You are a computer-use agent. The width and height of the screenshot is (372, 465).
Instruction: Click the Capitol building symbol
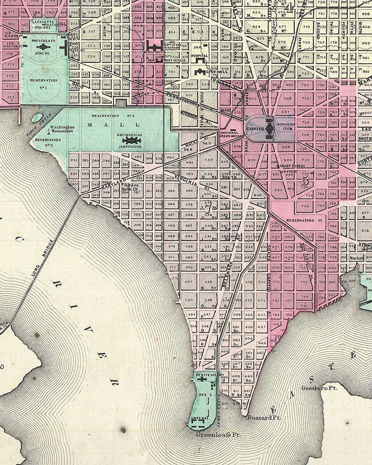(268, 126)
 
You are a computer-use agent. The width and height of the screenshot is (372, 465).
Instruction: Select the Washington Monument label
(63, 129)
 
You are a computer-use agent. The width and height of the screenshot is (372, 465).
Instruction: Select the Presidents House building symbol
(43, 46)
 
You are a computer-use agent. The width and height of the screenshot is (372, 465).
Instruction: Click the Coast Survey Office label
(291, 168)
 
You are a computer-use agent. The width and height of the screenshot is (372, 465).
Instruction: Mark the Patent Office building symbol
(153, 46)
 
